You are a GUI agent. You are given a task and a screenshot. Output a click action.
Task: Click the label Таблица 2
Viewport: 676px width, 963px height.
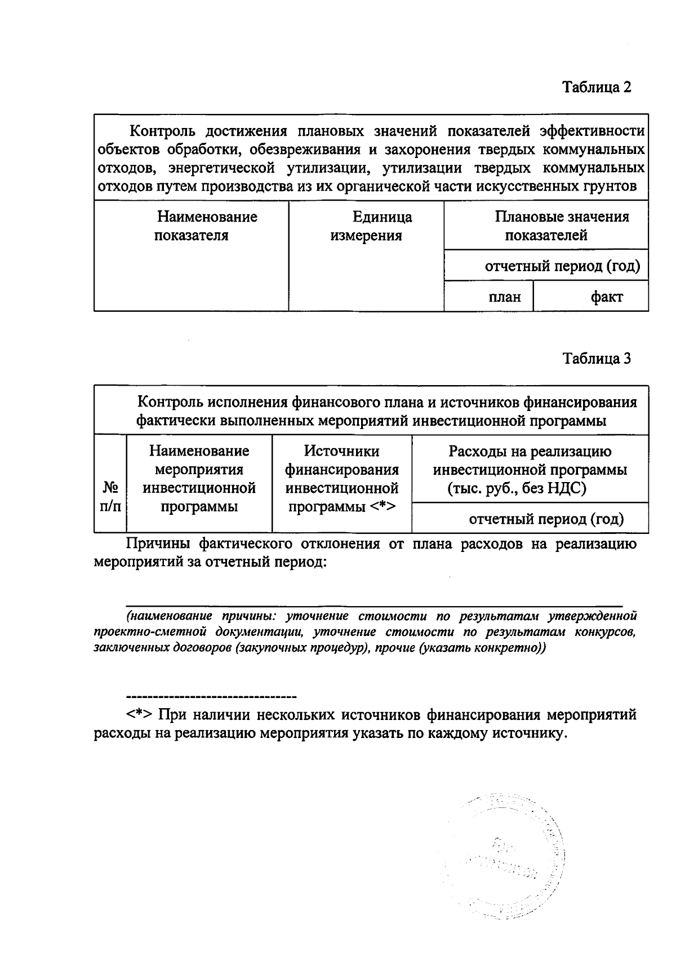click(597, 87)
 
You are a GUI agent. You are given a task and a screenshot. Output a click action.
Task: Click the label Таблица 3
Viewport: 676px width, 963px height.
click(597, 359)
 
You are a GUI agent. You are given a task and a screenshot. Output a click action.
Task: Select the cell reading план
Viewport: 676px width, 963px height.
click(504, 297)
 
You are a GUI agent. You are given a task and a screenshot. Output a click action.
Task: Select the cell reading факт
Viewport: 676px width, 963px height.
click(606, 297)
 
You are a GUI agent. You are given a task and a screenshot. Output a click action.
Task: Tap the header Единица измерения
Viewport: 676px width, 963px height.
click(366, 226)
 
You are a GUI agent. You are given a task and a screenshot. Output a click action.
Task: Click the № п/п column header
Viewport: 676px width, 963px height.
click(110, 496)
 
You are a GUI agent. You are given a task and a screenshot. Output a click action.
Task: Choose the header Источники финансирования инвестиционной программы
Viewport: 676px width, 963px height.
click(342, 479)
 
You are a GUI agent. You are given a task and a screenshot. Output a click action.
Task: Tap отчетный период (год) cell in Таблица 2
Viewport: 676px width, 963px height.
click(562, 266)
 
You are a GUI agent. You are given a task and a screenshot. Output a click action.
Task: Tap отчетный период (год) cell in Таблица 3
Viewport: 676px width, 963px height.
click(546, 519)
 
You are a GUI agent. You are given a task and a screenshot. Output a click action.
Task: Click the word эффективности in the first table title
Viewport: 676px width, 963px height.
click(592, 131)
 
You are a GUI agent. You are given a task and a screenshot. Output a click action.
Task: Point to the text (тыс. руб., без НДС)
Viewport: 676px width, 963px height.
click(517, 488)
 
